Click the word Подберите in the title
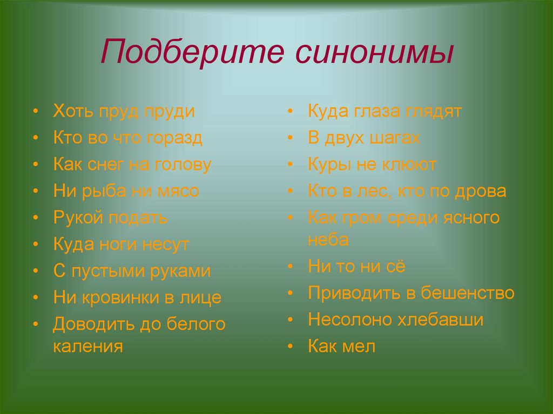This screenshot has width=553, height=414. click(192, 52)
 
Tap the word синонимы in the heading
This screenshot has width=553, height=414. click(374, 53)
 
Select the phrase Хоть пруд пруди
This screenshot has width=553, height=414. click(124, 111)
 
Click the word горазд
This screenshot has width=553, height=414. click(174, 138)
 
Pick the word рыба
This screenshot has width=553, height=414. click(104, 191)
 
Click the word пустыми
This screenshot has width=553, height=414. click(108, 272)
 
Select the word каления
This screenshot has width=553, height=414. click(88, 347)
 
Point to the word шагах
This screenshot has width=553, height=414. click(395, 138)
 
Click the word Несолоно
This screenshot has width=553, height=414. click(350, 320)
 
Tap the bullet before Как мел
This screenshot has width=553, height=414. click(290, 347)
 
